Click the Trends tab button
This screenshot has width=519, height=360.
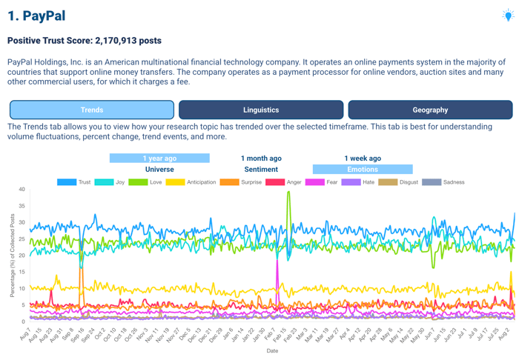[x=92, y=110]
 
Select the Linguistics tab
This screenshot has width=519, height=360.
[x=261, y=110]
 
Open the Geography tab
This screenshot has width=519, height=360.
[x=430, y=110]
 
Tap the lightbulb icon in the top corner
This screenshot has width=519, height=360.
[x=508, y=14]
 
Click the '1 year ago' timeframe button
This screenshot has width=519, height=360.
[x=159, y=158]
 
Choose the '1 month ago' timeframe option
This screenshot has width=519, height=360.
[x=261, y=158]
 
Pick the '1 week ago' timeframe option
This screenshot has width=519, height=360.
[x=363, y=158]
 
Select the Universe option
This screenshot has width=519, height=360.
[x=159, y=169]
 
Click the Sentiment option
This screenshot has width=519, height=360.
[x=261, y=169]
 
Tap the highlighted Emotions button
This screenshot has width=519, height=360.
[x=363, y=169]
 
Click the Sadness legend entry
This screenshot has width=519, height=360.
[x=443, y=181]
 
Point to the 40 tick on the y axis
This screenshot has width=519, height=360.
[x=22, y=190]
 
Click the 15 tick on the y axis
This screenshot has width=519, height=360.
[x=22, y=272]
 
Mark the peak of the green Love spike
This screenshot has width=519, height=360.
[x=288, y=192]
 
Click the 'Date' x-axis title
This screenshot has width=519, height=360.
[x=273, y=351]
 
